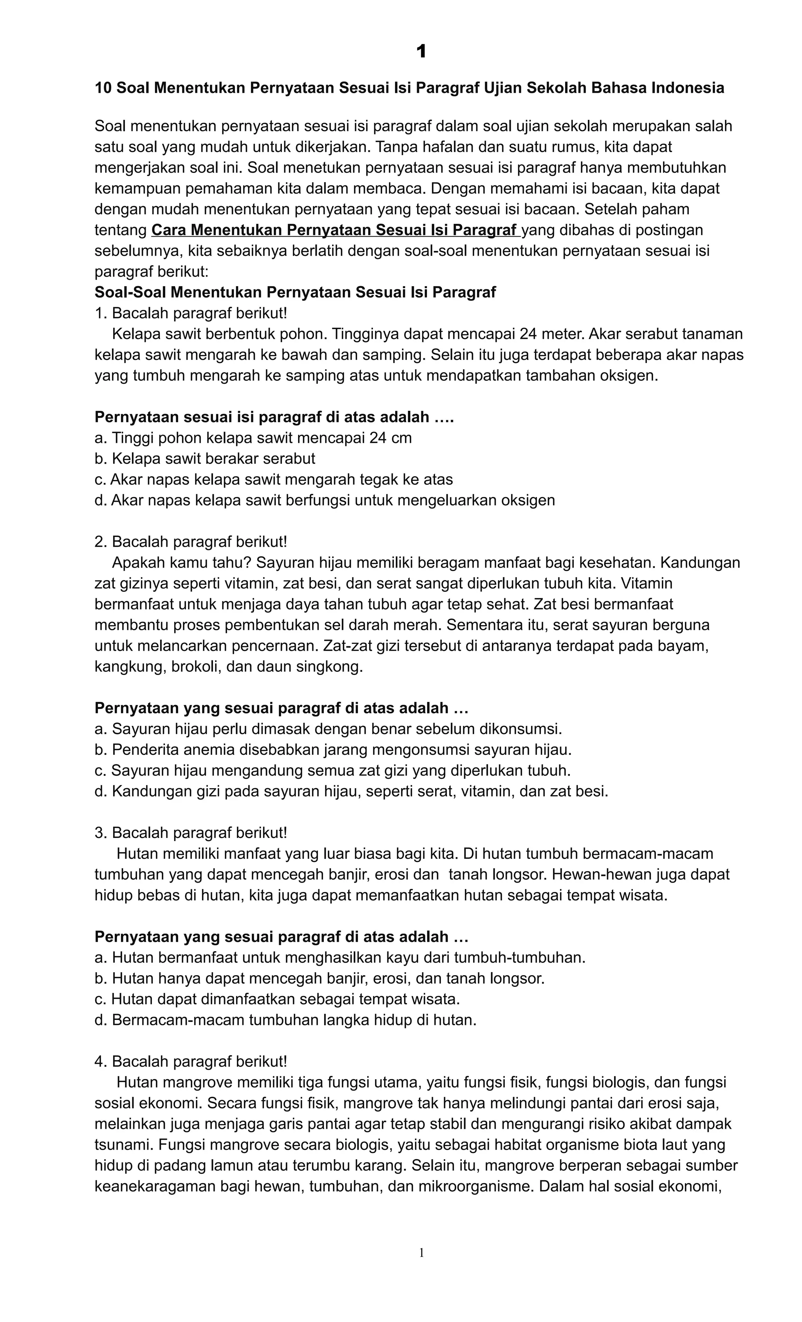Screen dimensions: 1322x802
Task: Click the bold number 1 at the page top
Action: pos(421,52)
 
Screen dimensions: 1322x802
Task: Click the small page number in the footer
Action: pos(421,1252)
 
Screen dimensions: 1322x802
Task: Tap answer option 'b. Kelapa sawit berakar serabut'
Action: pos(205,459)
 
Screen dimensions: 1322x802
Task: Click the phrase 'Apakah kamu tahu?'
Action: pos(181,563)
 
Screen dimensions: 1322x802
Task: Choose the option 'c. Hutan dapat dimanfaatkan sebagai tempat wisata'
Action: pos(277,999)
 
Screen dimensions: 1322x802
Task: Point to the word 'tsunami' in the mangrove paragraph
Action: pos(123,1145)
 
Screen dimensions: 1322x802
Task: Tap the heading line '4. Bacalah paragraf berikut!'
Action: pos(191,1062)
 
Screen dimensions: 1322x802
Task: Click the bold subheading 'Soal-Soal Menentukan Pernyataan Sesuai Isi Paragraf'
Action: pos(295,292)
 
